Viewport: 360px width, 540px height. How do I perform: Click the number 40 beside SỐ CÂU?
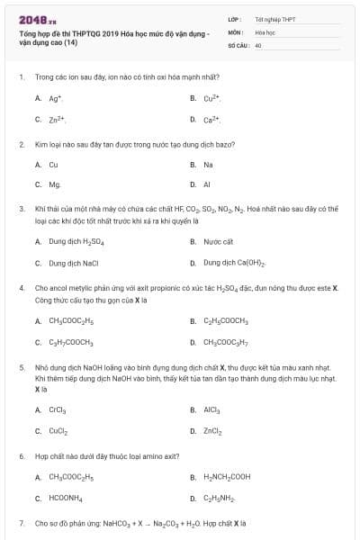coord(258,44)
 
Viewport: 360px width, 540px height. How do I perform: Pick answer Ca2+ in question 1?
coord(212,119)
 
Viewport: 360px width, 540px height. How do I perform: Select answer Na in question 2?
coord(208,165)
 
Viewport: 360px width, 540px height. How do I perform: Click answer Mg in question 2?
coord(55,184)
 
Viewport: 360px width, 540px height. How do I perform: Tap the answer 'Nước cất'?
coord(219,241)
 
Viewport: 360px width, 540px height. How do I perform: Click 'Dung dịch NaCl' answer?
coord(73,263)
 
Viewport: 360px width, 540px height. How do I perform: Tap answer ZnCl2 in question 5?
coord(212,430)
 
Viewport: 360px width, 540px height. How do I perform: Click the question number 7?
coord(21,523)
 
